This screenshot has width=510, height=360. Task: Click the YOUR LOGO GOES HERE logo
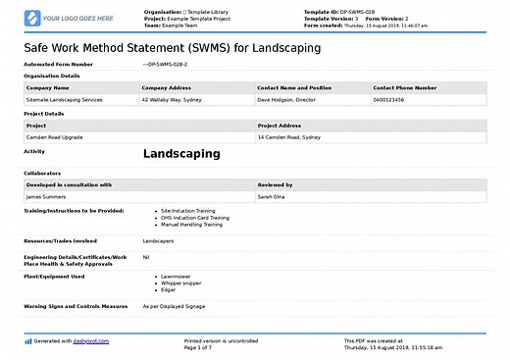pos(68,18)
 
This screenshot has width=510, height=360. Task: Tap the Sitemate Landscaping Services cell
pos(65,99)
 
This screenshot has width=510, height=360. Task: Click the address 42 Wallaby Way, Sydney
pos(173,99)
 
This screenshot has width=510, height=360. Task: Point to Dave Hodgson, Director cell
pos(289,99)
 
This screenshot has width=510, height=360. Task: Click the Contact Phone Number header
pos(404,87)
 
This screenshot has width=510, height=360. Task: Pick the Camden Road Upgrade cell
pos(54,136)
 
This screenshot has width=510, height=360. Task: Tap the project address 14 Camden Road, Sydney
pos(289,136)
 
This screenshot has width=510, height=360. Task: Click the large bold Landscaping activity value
pos(181,154)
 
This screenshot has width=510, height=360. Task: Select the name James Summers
pos(47,196)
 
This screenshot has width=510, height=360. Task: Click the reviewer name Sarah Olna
pos(272,196)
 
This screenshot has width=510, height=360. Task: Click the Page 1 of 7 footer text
pos(198,347)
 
